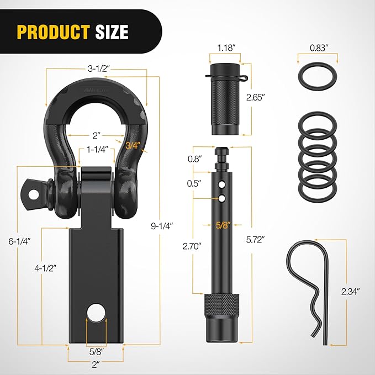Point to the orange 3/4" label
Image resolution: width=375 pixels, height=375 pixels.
tap(133, 146)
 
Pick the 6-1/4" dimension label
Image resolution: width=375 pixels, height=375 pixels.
tap(19, 241)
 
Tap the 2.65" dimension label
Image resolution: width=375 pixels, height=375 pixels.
tap(256, 97)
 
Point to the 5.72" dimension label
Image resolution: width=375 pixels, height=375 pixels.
tap(256, 240)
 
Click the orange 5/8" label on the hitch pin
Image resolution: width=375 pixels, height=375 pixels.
tap(224, 225)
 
